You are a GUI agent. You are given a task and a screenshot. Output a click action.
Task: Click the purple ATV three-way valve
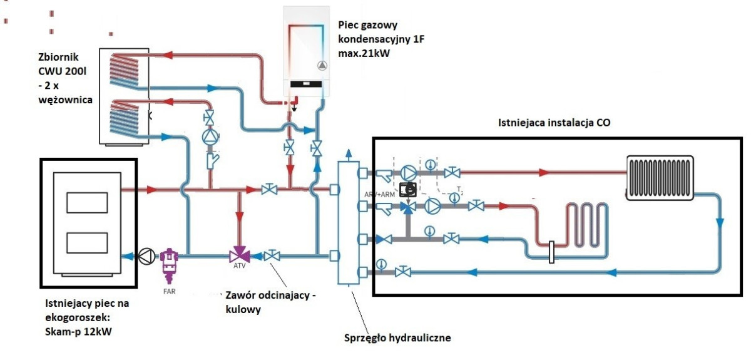click(238, 255)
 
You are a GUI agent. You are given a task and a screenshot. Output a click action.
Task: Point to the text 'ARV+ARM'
click(379, 195)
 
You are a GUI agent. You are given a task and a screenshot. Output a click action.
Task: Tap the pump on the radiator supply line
click(408, 173)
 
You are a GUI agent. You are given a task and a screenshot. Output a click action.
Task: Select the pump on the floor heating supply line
click(432, 205)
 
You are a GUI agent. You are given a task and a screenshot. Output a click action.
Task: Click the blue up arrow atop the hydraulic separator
click(349, 153)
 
